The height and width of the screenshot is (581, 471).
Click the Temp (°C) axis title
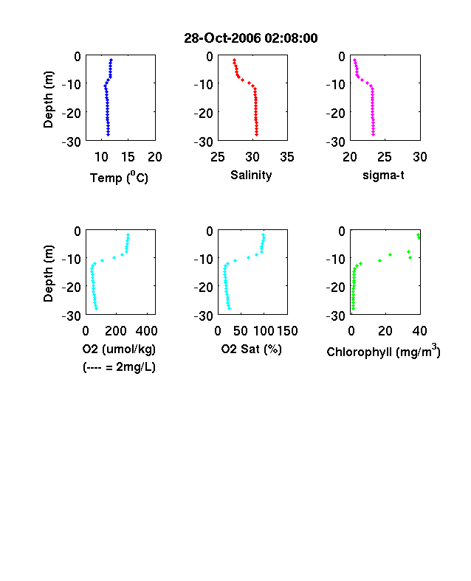coord(119,178)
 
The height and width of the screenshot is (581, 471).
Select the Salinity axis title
coord(251,175)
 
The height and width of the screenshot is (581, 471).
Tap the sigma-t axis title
coord(383,175)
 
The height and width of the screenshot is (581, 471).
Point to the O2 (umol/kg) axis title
coord(119,349)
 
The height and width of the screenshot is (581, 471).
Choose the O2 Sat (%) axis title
coord(252,349)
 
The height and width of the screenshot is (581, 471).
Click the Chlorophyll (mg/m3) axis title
coord(383,351)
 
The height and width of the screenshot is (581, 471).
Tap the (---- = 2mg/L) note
coord(119,367)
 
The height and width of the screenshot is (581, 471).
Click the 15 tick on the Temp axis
coord(128,157)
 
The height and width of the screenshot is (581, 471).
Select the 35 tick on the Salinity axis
coord(287,157)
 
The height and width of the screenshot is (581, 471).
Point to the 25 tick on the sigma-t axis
coord(384,157)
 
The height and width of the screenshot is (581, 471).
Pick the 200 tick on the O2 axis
coord(116,331)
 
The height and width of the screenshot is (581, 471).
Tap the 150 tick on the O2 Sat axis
coord(287,331)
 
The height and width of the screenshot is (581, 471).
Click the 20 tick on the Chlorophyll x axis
coord(385,331)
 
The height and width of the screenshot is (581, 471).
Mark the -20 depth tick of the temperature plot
coord(71,113)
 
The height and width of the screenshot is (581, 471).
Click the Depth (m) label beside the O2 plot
coord(48,274)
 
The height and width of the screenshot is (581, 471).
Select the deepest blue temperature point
coord(109,134)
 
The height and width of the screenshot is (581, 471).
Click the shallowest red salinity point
coord(234,60)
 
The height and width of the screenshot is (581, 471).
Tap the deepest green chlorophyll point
coord(353,308)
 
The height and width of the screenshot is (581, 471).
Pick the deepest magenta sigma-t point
coord(373,134)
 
